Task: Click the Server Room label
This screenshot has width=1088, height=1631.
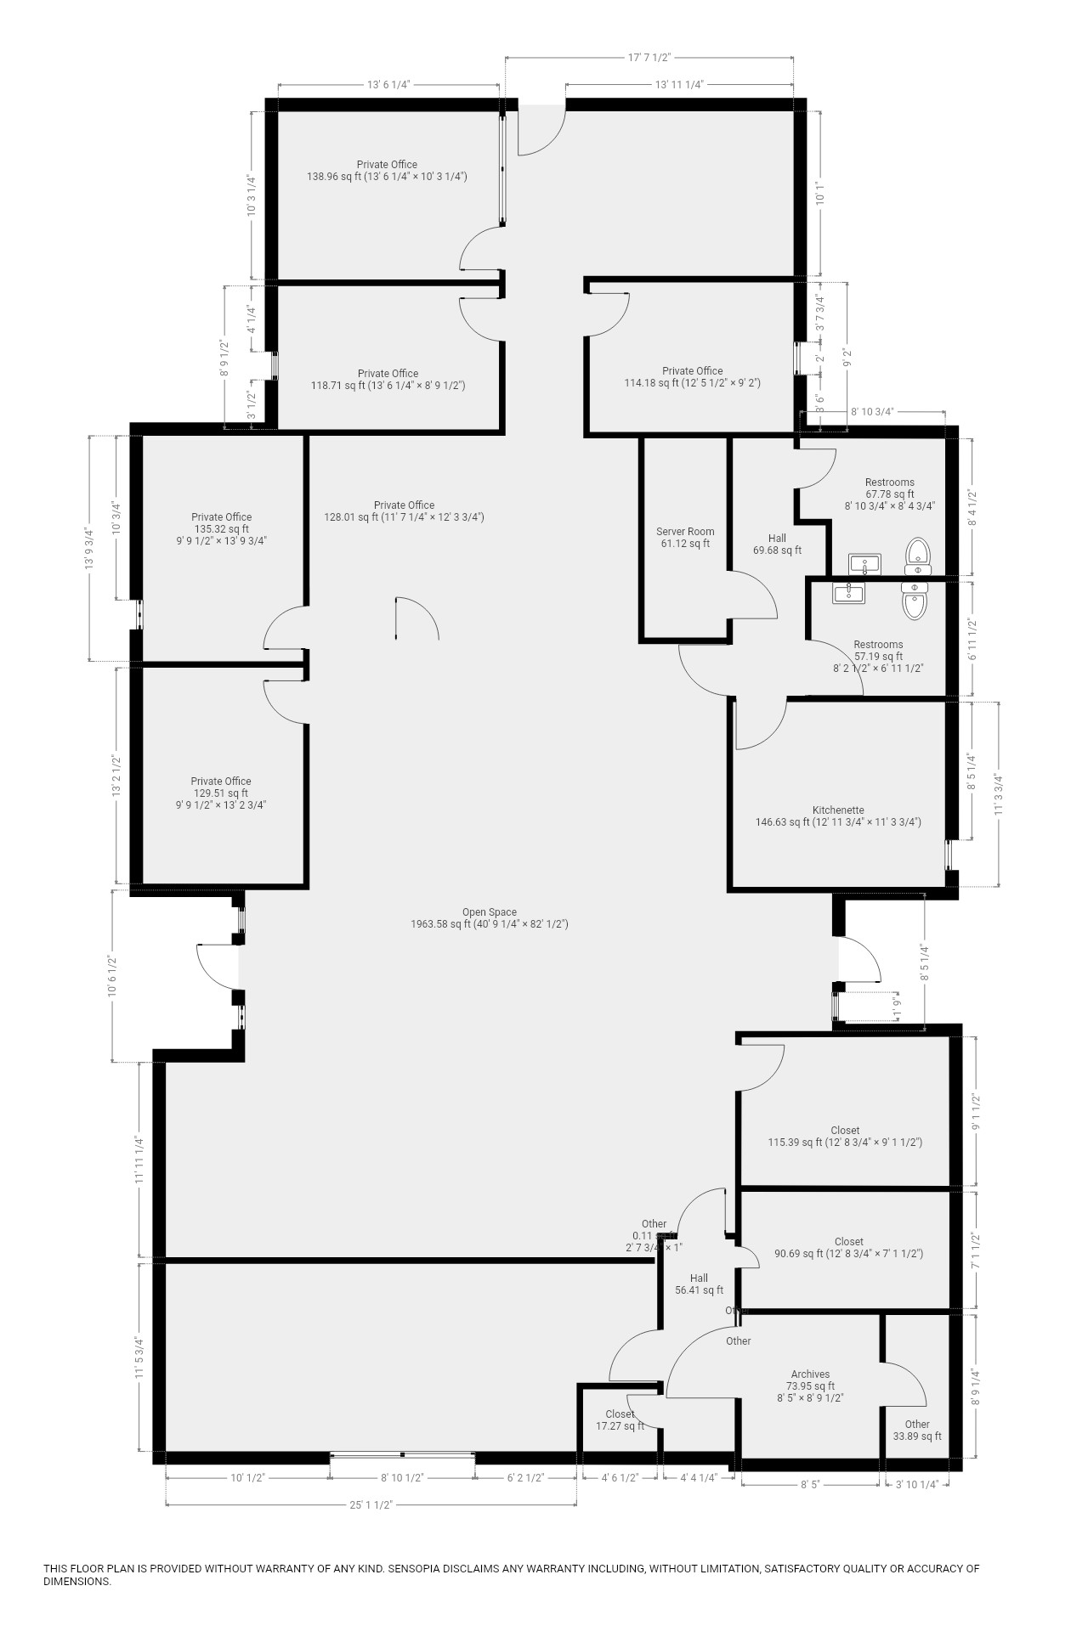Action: click(x=685, y=538)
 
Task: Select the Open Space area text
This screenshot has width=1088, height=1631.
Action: click(x=489, y=917)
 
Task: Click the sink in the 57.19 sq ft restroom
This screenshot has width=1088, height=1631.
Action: click(x=849, y=592)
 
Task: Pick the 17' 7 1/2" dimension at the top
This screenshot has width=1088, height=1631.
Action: click(x=649, y=58)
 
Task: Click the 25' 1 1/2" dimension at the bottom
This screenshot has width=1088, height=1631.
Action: click(x=371, y=1504)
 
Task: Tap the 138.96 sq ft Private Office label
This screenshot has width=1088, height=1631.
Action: click(x=387, y=171)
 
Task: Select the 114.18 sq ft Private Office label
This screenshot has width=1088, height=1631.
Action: click(x=692, y=377)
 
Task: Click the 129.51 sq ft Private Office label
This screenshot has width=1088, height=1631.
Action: click(x=221, y=793)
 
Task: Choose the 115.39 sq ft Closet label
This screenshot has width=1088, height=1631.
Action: click(x=845, y=1137)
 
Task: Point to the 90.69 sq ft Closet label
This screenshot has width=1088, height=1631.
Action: click(x=848, y=1247)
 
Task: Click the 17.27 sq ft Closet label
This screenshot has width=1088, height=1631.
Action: click(x=620, y=1420)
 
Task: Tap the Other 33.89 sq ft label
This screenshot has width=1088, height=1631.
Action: click(x=916, y=1430)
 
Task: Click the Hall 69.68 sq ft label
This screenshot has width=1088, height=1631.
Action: click(x=777, y=544)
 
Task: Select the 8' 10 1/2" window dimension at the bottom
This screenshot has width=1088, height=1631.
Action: click(x=402, y=1477)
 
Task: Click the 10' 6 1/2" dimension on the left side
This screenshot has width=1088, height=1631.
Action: click(x=111, y=974)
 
